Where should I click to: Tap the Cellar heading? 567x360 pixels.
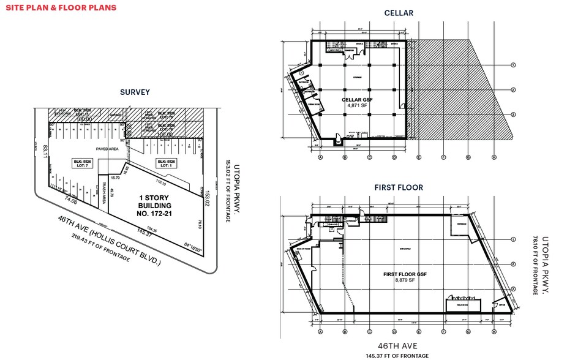398,13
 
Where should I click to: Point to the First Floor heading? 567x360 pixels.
399,187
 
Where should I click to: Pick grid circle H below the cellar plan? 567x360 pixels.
492,156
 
